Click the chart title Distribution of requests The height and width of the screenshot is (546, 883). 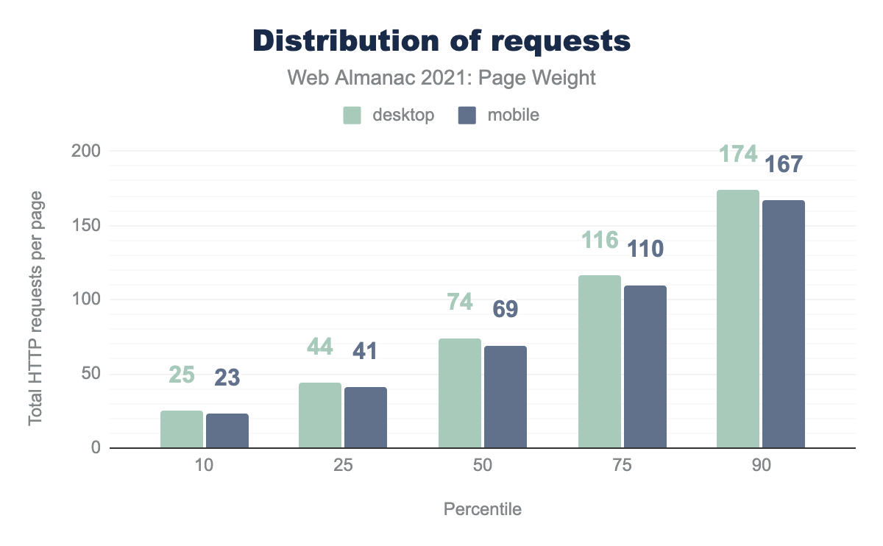(441, 41)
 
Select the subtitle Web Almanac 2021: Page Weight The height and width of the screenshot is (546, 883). (441, 78)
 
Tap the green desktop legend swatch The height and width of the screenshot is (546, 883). (352, 116)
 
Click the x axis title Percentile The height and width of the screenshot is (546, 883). (482, 509)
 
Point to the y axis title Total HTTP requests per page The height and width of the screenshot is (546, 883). (35, 308)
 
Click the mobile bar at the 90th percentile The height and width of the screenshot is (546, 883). (784, 324)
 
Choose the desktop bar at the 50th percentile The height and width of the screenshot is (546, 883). (460, 393)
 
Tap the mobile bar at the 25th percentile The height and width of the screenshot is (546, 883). (365, 417)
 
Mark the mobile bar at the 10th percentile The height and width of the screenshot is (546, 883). (227, 430)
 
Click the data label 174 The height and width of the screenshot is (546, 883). (738, 155)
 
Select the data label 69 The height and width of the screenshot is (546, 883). (505, 309)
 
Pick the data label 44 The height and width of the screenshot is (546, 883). (320, 347)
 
